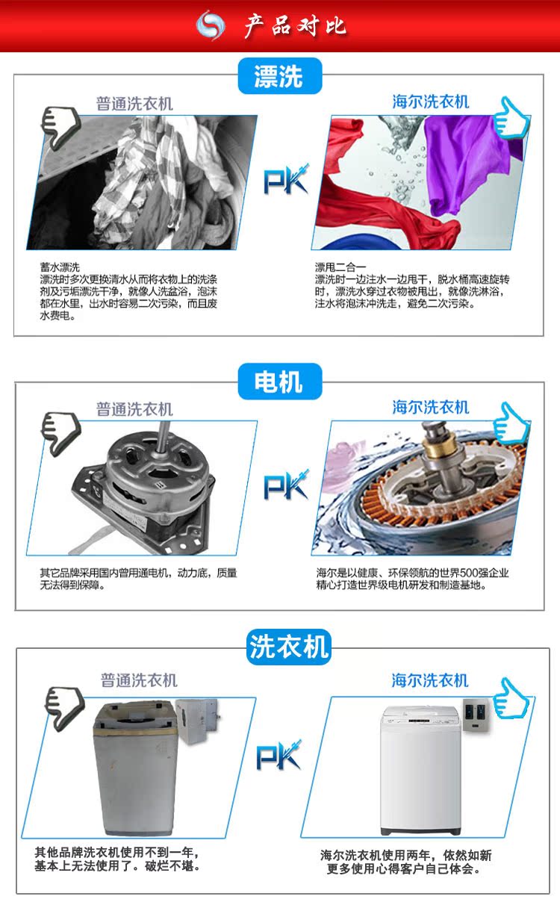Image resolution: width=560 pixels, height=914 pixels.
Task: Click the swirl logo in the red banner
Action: point(211,25)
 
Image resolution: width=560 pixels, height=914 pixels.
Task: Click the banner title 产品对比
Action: point(295,25)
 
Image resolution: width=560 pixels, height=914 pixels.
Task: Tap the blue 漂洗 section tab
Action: point(279,76)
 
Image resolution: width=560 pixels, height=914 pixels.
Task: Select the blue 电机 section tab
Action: point(279,382)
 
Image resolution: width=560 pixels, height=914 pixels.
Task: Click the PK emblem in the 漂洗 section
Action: point(285,180)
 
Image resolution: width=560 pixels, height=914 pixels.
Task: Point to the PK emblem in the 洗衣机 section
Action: point(279,756)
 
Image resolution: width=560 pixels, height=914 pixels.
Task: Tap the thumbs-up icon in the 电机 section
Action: point(511,423)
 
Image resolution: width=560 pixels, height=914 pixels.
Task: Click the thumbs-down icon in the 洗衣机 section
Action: point(63,706)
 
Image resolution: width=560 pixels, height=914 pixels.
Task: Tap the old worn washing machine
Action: point(134,769)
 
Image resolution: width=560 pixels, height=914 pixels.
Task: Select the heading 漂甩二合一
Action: point(339,267)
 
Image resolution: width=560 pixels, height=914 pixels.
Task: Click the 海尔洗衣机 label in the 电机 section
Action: point(431,407)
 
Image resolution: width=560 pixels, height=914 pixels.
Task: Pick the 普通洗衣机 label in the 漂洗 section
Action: point(134,104)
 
